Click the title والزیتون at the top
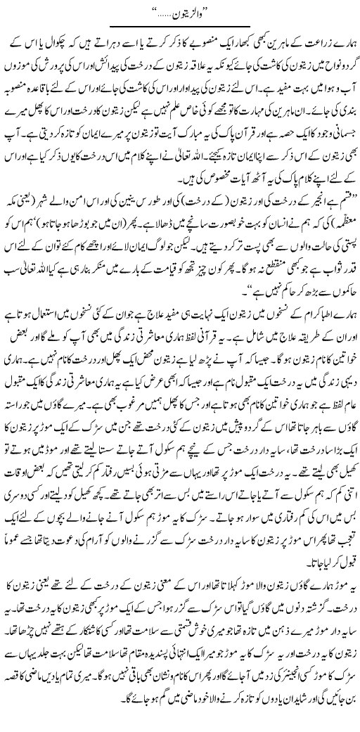point(181,12)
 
